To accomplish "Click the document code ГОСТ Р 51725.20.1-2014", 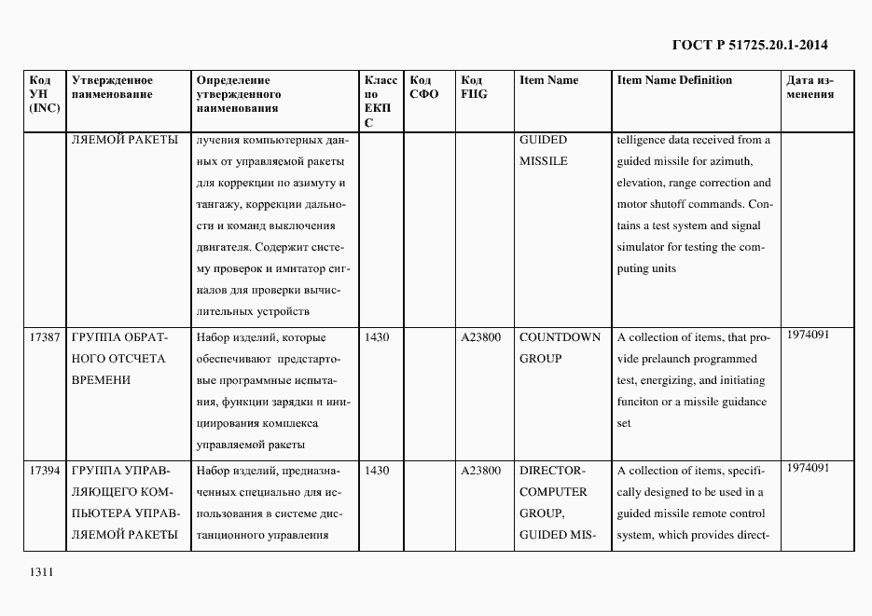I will pos(750,45).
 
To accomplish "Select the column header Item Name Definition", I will pos(674,80).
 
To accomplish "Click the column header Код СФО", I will pos(424,88).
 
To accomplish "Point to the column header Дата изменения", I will pos(810,88).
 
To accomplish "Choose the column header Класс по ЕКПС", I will pos(381,102).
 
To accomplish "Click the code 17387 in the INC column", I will pos(45,337).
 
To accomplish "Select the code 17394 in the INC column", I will pos(45,471).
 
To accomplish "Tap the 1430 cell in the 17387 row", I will pos(377,337).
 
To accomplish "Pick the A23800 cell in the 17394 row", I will pos(481,471).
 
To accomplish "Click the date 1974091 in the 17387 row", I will pos(808,334).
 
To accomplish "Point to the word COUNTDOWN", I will pos(560,337).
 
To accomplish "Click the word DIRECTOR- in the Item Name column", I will pos(551,471).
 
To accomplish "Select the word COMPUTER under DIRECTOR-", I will pos(553,492).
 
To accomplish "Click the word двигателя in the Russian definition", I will pos(224,247).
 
